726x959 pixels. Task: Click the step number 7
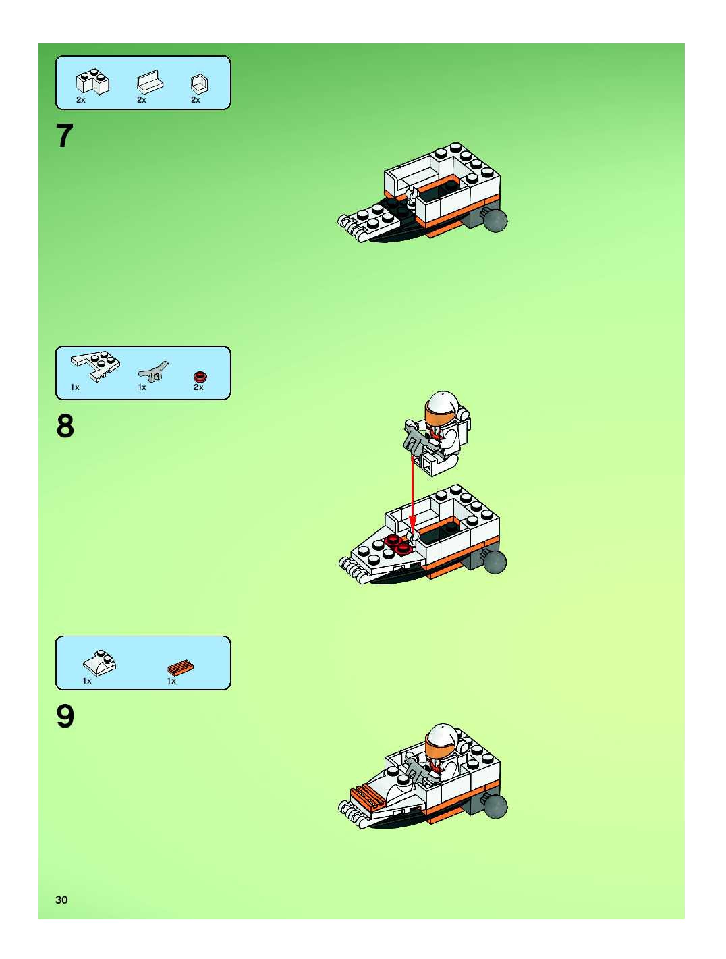(64, 136)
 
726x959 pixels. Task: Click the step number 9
(65, 716)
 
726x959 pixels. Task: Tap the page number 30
(61, 900)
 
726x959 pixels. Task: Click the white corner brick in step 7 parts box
(93, 82)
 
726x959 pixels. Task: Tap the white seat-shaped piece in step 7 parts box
(150, 81)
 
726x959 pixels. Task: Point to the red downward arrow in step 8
(412, 495)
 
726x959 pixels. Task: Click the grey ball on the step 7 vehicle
(495, 220)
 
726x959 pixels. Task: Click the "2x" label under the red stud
(198, 387)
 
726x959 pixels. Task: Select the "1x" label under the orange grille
(172, 681)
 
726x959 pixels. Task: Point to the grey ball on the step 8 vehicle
(494, 562)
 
